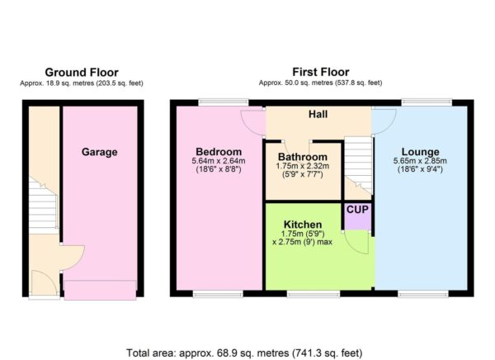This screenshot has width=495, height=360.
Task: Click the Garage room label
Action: tap(99, 152)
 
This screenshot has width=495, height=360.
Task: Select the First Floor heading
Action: tap(320, 73)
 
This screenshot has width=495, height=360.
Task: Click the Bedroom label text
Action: tap(216, 151)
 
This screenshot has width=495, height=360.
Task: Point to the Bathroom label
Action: tap(302, 156)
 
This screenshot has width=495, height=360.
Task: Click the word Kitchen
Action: tap(301, 224)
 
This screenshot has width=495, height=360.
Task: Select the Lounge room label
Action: tap(419, 151)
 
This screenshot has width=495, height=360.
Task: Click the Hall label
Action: tap(318, 115)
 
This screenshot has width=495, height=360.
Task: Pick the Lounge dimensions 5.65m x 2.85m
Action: tap(419, 161)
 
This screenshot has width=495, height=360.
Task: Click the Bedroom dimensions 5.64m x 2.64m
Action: tap(216, 161)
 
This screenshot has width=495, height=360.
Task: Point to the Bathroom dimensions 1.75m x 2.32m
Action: tap(302, 166)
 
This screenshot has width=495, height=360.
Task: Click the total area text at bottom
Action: tap(244, 353)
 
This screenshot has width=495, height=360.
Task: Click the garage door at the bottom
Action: tap(100, 291)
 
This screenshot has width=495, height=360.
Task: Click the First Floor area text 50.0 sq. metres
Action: tap(320, 83)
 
